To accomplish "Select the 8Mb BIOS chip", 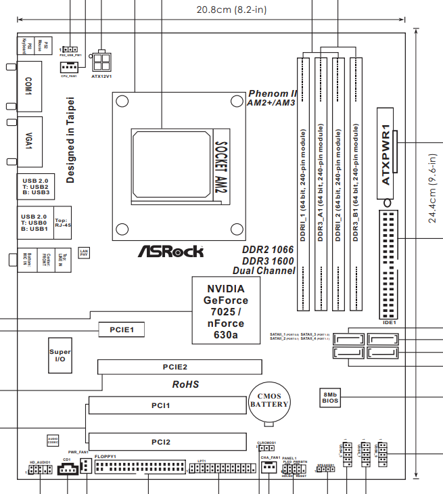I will point(330,397).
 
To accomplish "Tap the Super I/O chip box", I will point(60,356).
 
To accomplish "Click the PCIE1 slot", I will point(122,330).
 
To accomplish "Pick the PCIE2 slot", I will point(179,367).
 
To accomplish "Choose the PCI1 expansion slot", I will point(168,405).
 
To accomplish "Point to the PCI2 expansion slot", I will point(168,442).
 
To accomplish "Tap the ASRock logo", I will point(171,252).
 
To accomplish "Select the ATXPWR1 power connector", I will point(387,156).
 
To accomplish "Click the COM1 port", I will point(28,85).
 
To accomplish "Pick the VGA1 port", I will point(28,142).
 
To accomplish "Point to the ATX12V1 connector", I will point(101,62).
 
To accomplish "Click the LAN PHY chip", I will point(84,253).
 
